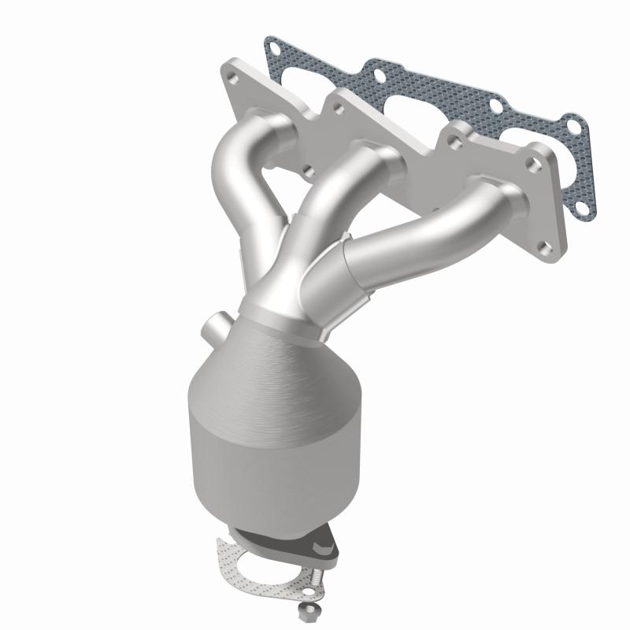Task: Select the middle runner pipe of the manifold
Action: [x=315, y=205]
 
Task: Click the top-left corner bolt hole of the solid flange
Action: [x=234, y=79]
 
